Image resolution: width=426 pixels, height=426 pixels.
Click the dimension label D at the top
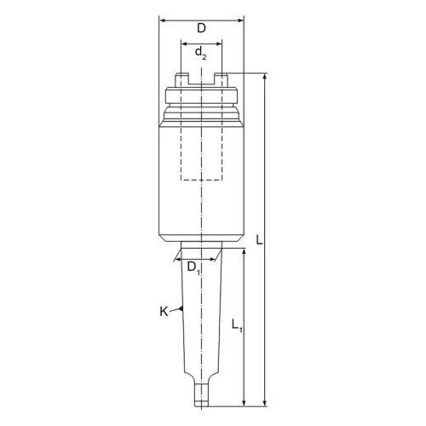pos(201,28)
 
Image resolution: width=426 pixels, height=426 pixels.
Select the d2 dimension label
pos(200,53)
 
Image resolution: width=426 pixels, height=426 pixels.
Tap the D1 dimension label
pos(193,268)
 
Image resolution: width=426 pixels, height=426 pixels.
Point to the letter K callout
pos(164,312)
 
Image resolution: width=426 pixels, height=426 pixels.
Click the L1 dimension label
pos(237,325)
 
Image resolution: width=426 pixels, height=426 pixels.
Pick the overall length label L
pos(259,240)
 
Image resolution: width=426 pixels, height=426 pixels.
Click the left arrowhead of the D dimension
pos(162,20)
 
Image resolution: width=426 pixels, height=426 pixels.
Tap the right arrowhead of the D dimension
pos(240,20)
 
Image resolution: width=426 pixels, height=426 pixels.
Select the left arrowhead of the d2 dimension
pos(184,43)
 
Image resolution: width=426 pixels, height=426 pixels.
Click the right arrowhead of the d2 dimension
pos(219,43)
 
